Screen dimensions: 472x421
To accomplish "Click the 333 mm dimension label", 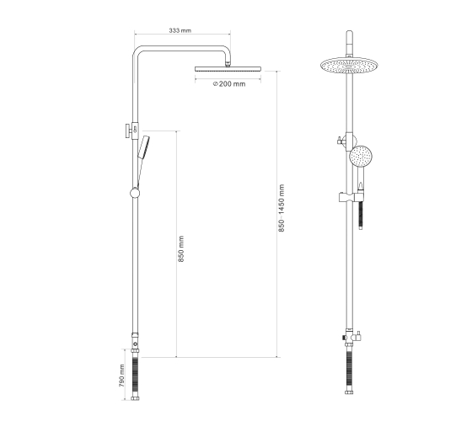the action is pos(180,30).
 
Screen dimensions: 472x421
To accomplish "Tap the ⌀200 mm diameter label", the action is pos(229,84).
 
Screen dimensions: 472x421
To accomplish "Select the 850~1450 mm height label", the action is pos(282,208).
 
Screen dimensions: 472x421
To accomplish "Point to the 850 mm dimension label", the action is pos(180,249).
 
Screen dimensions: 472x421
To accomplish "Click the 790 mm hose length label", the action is pos(121,376).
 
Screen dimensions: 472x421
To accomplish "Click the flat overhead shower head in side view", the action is pos(228,69).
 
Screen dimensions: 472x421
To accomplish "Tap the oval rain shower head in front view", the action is pos(349,66).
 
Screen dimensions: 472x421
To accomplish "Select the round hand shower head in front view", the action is pos(361,156).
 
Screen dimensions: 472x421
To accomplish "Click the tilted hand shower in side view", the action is pos(143,147).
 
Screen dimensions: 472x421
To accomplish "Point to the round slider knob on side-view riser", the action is pos(135,193).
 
